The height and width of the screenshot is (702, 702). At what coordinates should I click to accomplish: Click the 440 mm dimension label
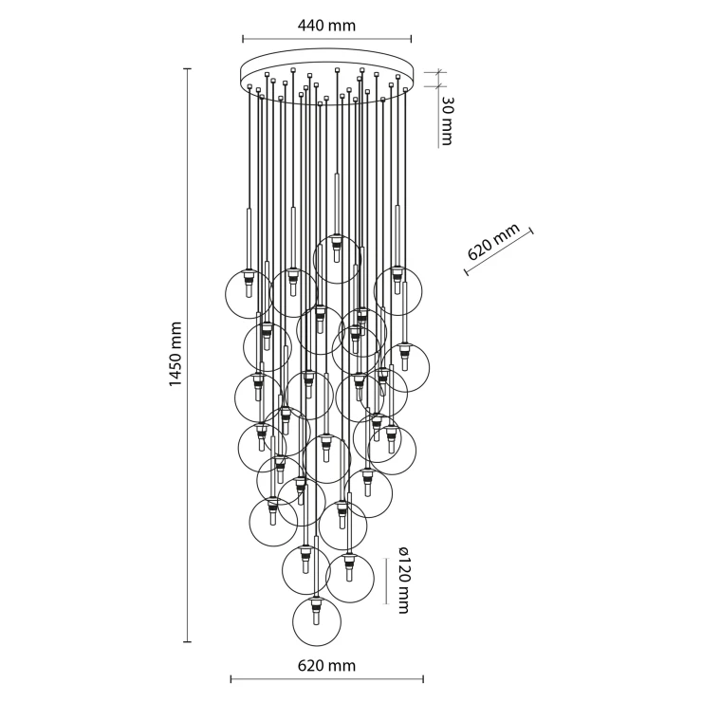[326, 25]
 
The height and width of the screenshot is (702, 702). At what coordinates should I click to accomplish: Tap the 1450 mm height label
[175, 354]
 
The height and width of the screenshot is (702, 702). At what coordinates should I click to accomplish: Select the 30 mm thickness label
[447, 120]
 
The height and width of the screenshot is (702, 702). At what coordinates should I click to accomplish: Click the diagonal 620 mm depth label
[493, 242]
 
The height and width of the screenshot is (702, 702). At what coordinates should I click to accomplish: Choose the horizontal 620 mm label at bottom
[326, 666]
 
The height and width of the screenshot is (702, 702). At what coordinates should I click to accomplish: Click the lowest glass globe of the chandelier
[317, 621]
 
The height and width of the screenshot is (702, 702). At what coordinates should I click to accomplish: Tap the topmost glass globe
[337, 259]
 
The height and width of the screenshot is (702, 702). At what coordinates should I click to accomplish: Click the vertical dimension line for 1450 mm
[188, 355]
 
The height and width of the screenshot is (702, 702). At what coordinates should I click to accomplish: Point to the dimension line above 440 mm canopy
[327, 39]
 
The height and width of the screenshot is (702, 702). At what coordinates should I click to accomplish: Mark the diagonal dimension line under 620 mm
[499, 251]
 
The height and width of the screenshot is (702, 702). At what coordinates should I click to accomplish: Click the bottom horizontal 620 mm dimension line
[327, 679]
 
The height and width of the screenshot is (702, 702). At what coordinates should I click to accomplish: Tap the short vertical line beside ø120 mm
[386, 581]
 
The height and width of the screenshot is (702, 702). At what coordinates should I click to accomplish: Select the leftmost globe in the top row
[249, 294]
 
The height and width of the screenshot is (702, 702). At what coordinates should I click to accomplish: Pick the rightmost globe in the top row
[397, 291]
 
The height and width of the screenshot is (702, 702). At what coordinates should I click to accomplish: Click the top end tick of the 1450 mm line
[188, 68]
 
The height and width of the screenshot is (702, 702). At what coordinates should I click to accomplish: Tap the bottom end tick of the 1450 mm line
[188, 642]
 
